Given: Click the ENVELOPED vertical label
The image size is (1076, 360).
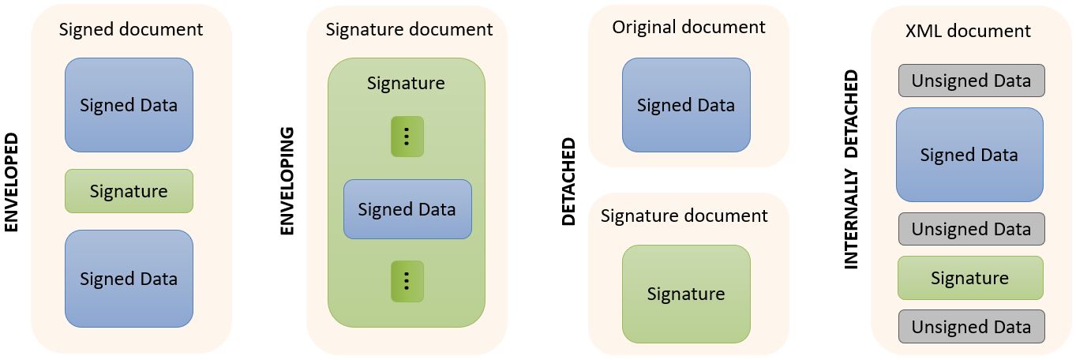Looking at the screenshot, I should click(x=11, y=182).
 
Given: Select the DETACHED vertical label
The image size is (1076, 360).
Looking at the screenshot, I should click(x=568, y=182).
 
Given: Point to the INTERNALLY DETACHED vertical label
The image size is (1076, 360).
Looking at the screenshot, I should click(x=851, y=170).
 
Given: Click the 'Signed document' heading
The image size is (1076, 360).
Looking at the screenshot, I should click(x=131, y=30).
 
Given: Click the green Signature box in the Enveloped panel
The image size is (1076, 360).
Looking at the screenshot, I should click(x=129, y=191).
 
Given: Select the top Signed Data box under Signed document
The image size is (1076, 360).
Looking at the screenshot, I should click(x=129, y=105).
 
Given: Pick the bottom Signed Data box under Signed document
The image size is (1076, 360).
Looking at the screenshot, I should click(x=129, y=279).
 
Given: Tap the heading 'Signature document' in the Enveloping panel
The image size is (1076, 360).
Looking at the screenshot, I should click(x=409, y=30).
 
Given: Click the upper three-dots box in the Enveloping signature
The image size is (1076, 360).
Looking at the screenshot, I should click(x=407, y=137).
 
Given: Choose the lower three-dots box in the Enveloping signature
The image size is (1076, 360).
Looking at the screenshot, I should click(x=407, y=281).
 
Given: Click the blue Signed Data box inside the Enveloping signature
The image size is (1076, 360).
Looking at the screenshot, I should click(x=407, y=209).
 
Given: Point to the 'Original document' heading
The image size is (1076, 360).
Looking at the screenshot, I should click(x=688, y=28).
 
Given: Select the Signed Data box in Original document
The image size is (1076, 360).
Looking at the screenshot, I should click(x=686, y=105).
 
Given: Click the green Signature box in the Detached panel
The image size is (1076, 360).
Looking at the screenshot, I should click(x=686, y=294).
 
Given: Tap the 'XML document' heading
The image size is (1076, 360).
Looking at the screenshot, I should click(x=969, y=32).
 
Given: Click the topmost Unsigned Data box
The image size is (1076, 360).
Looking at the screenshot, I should click(x=971, y=81).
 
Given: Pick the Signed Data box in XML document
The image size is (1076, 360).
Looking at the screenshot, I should click(x=969, y=155).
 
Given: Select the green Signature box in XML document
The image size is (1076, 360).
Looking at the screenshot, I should click(x=969, y=278).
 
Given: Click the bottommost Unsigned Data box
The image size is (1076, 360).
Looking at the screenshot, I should click(x=971, y=327).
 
